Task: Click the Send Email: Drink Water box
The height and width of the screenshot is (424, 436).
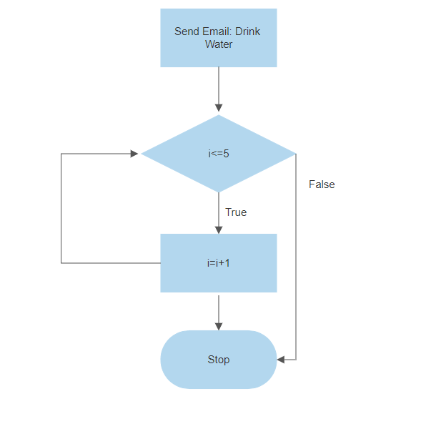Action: (218, 38)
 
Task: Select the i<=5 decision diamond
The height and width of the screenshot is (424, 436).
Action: (218, 153)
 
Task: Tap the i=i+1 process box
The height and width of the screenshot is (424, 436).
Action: (218, 263)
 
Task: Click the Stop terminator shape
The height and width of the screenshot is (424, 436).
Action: (218, 360)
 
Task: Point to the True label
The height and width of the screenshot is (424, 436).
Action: (236, 212)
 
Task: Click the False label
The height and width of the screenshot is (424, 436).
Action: (322, 184)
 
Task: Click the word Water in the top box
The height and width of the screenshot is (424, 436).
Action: (219, 44)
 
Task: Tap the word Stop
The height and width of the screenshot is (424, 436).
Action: (218, 360)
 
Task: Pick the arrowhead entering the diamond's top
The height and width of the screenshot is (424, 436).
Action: (218, 109)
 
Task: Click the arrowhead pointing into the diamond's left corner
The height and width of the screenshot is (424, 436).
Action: (135, 153)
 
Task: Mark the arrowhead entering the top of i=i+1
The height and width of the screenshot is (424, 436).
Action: (218, 229)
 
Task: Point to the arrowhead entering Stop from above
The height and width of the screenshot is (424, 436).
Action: (218, 325)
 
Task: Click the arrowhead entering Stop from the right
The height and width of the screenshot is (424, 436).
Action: (281, 360)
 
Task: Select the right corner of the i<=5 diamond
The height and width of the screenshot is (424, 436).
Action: (294, 153)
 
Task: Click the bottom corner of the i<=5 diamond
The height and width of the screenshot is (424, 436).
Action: (218, 192)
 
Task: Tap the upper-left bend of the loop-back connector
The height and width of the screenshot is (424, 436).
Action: (61, 153)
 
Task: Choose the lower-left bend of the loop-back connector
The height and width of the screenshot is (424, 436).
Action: (61, 263)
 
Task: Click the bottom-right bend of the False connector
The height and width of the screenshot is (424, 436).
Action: (295, 360)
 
